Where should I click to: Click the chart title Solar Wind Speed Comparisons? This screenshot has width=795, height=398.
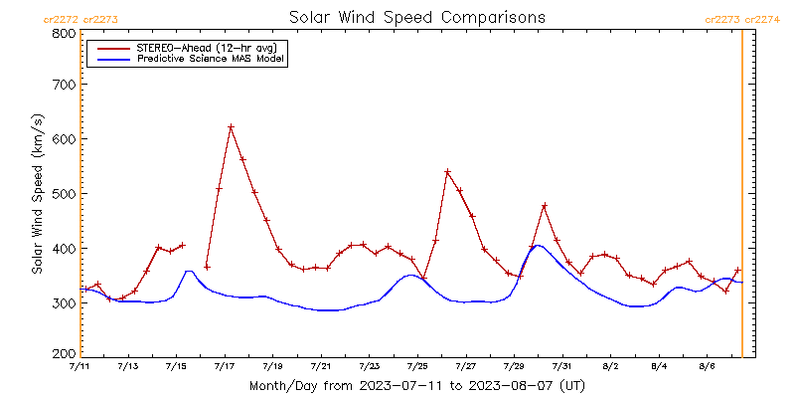(417, 18)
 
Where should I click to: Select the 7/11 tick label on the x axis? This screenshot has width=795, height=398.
(80, 367)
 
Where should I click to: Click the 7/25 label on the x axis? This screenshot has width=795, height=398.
(417, 367)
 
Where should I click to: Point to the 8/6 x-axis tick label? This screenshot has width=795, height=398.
(707, 367)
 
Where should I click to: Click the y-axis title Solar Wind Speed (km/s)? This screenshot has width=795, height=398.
(37, 193)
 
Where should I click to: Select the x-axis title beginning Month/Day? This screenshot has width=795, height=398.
(417, 385)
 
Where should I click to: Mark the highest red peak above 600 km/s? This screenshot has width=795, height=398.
(231, 126)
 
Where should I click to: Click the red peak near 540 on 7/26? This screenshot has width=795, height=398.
(447, 172)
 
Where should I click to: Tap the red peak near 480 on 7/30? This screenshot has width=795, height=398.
(545, 205)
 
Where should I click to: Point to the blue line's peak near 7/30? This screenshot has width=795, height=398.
(537, 245)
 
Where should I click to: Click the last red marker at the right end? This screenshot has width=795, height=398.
(737, 270)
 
